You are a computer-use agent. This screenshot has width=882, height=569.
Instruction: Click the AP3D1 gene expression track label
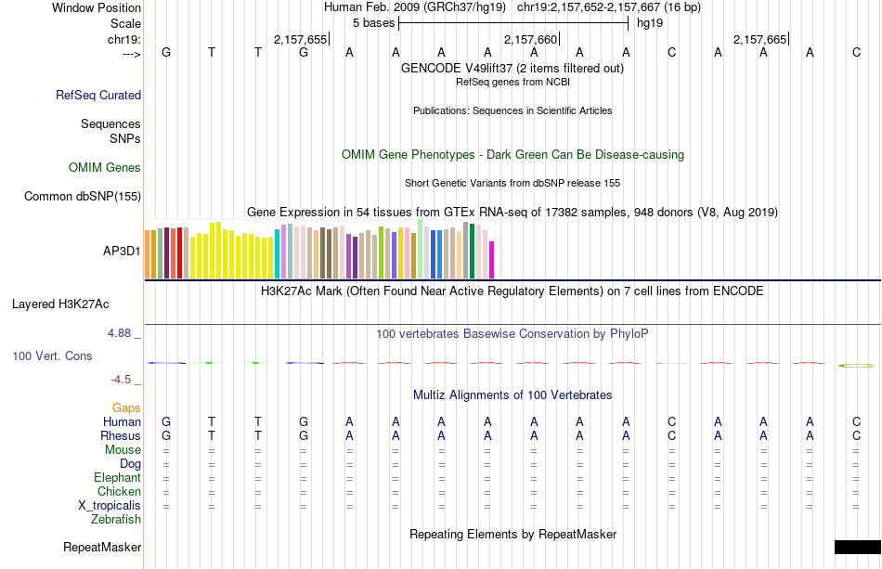tap(122, 251)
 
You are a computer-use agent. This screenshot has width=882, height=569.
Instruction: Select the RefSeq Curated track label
tap(98, 95)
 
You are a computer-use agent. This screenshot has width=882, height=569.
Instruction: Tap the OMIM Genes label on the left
tap(105, 168)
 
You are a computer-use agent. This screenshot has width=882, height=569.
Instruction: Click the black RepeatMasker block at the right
tap(857, 547)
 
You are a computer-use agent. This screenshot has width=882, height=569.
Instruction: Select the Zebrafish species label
tap(116, 520)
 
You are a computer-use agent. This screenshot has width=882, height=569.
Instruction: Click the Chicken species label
tap(119, 492)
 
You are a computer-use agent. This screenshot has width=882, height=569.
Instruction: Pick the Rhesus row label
tap(121, 436)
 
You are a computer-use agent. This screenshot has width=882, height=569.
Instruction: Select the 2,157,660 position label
tap(530, 39)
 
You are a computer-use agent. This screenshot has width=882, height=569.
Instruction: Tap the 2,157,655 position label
tap(300, 39)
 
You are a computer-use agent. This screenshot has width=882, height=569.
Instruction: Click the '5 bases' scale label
tap(373, 22)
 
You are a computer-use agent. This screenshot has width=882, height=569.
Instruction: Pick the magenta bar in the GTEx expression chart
tap(492, 259)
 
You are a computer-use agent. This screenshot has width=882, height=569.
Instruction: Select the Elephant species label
tap(117, 478)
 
